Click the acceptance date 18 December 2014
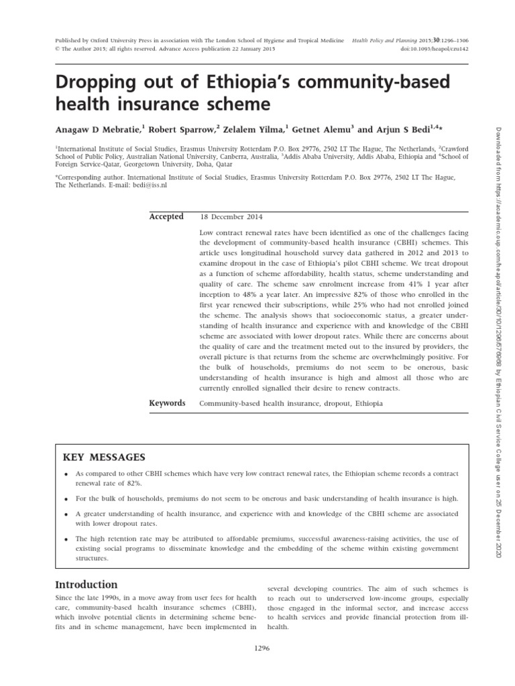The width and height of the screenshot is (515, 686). (x=231, y=217)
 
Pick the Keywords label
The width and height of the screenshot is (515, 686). (x=167, y=403)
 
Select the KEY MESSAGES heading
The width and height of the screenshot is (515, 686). (x=104, y=457)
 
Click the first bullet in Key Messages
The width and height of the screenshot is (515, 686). (x=67, y=474)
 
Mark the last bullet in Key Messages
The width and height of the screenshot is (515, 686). (x=67, y=539)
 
